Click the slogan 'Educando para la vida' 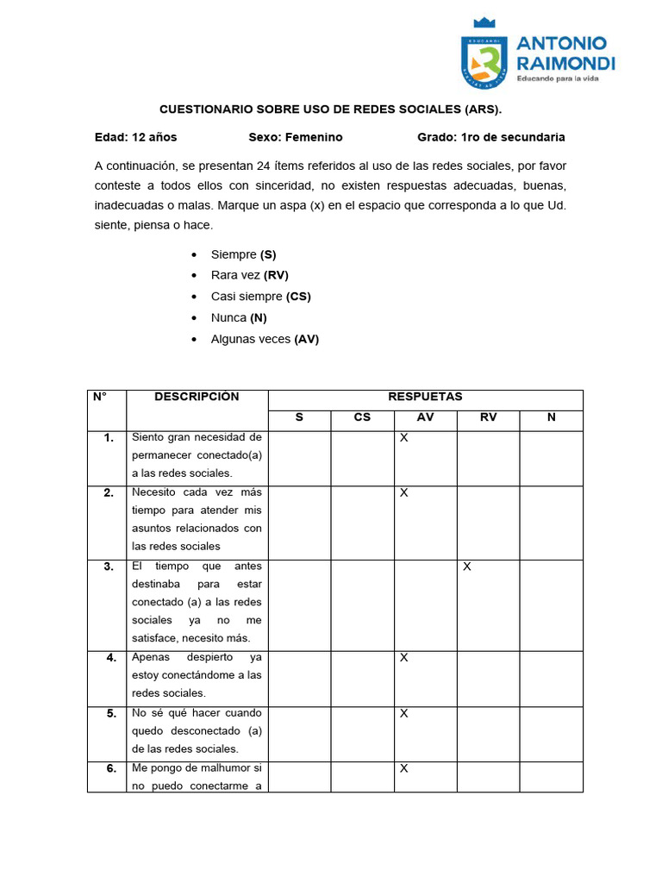click(557, 78)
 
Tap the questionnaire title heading click(330, 110)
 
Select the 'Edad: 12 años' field click(135, 137)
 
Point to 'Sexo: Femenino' click(296, 137)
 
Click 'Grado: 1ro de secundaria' click(491, 137)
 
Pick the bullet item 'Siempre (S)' click(243, 254)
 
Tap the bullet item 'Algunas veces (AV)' click(265, 339)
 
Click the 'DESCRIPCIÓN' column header click(197, 397)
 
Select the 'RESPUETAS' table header click(425, 397)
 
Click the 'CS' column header click(362, 418)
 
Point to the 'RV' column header click(488, 418)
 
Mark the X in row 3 click(466, 567)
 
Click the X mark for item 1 click(403, 438)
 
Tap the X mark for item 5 click(403, 714)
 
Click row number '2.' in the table click(109, 493)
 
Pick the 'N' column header click(551, 418)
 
